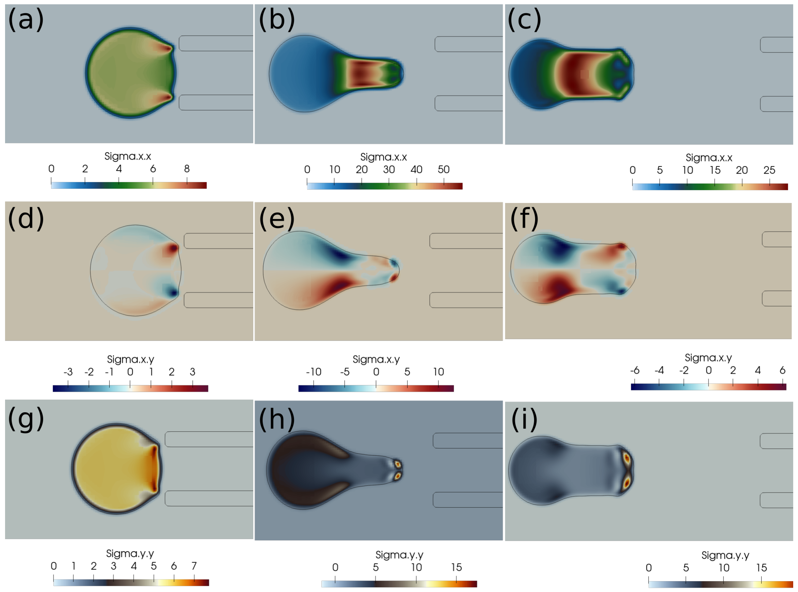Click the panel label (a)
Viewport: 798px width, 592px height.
(26, 20)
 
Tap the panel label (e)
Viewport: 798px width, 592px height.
(277, 219)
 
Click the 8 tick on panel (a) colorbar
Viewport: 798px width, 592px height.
(187, 169)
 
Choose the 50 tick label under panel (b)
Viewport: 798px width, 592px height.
(443, 170)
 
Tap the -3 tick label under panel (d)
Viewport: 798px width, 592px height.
(68, 372)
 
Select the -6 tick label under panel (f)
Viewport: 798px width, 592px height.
(635, 370)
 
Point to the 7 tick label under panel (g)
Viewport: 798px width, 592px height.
(194, 566)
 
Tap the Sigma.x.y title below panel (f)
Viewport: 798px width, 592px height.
(708, 358)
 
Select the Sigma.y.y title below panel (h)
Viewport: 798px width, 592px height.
(399, 555)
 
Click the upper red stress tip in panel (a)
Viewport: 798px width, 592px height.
(167, 48)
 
